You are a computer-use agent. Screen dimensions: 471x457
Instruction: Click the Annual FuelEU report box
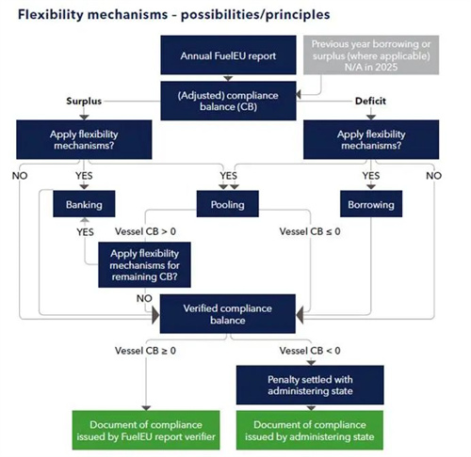pos(228,55)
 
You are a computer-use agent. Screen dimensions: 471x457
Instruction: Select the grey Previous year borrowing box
pos(371,55)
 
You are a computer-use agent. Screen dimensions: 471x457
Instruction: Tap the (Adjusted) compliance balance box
pos(228,101)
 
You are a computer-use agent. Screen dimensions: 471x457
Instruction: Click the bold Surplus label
pos(84,101)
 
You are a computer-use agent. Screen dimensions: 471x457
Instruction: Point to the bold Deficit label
pos(370,101)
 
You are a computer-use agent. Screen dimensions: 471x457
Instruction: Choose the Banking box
pos(84,204)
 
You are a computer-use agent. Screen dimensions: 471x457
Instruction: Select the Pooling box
pos(228,204)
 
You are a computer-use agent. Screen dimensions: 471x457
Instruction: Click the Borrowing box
pos(371,204)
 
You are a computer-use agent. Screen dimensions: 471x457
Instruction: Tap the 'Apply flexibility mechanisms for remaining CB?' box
pos(144,265)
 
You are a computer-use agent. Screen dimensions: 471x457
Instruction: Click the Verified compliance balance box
pos(228,314)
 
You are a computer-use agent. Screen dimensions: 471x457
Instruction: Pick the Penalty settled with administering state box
pos(310,385)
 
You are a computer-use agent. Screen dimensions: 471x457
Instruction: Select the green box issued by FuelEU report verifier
pos(146,431)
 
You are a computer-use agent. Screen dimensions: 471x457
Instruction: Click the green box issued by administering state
pos(310,431)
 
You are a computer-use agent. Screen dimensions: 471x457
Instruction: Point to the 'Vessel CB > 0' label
pos(145,231)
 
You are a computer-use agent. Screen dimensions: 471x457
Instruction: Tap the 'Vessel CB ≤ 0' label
pos(310,231)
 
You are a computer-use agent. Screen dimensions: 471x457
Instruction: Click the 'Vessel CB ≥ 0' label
pos(145,351)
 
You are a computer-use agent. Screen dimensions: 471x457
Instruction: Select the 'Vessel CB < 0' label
pos(310,351)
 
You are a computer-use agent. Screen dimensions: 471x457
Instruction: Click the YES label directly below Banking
pos(85,232)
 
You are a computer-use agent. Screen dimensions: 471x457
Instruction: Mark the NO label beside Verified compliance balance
pos(144,298)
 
